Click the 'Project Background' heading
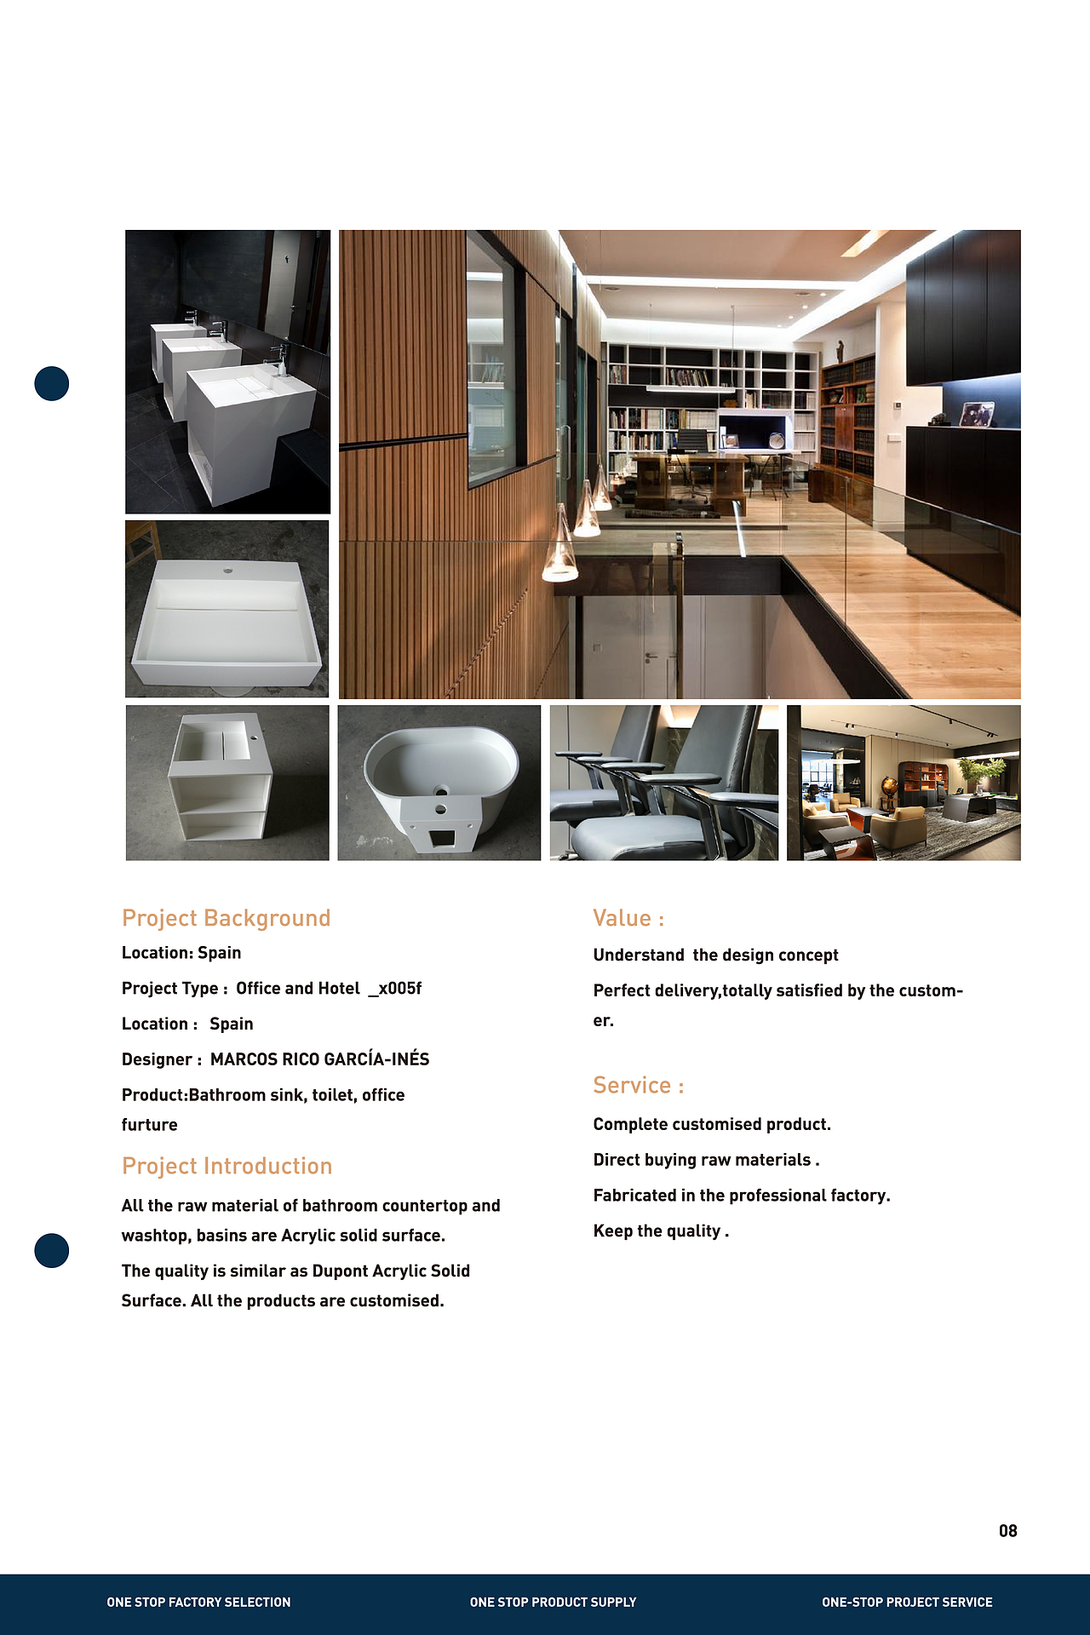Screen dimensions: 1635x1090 tap(226, 918)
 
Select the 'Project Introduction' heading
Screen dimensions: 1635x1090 tap(227, 1166)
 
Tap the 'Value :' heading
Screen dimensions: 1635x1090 tap(628, 918)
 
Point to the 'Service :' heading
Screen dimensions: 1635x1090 tap(639, 1085)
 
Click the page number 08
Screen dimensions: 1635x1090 tap(1008, 1530)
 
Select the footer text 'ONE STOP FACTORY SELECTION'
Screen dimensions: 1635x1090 tap(198, 1602)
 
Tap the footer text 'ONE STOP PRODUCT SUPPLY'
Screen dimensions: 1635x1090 tap(553, 1602)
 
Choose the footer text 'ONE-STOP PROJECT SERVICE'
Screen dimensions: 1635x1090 tap(907, 1602)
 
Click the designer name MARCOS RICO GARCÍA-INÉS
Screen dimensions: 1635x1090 tap(319, 1059)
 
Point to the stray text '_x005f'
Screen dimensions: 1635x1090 tap(395, 988)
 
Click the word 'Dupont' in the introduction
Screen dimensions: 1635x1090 tap(340, 1271)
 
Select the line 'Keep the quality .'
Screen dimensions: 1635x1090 tap(661, 1231)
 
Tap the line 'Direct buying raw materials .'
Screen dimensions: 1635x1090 tap(706, 1160)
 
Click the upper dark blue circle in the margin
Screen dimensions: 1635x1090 tap(51, 383)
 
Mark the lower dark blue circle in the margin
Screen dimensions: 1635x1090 tap(51, 1250)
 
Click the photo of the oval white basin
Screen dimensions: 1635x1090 tap(439, 783)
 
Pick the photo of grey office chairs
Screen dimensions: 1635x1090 tap(663, 783)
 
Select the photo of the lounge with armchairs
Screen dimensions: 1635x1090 tap(904, 783)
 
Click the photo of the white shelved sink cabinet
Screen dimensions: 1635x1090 tap(227, 783)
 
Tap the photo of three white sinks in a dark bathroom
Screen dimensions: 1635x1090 tap(227, 371)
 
